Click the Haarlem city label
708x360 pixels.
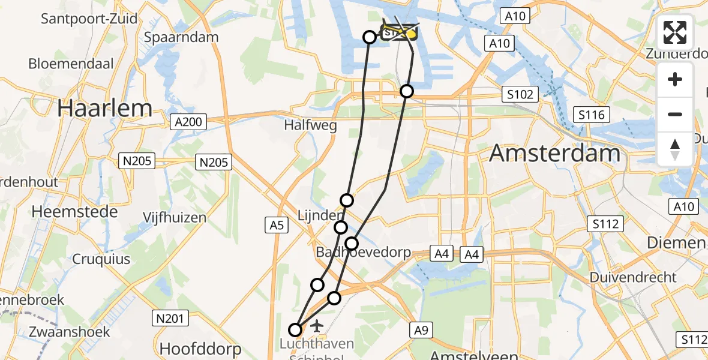(105, 109)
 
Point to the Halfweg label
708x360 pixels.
(310, 126)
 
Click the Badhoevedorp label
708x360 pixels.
(364, 252)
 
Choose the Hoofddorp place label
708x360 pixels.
(200, 349)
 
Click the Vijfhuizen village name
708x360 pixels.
(175, 217)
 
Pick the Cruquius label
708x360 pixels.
(101, 259)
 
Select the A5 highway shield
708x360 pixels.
(276, 225)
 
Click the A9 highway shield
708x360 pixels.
(422, 329)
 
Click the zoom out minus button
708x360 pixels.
(675, 114)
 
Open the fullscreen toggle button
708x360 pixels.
(675, 32)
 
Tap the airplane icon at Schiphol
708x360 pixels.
(316, 326)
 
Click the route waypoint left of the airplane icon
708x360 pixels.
(295, 329)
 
